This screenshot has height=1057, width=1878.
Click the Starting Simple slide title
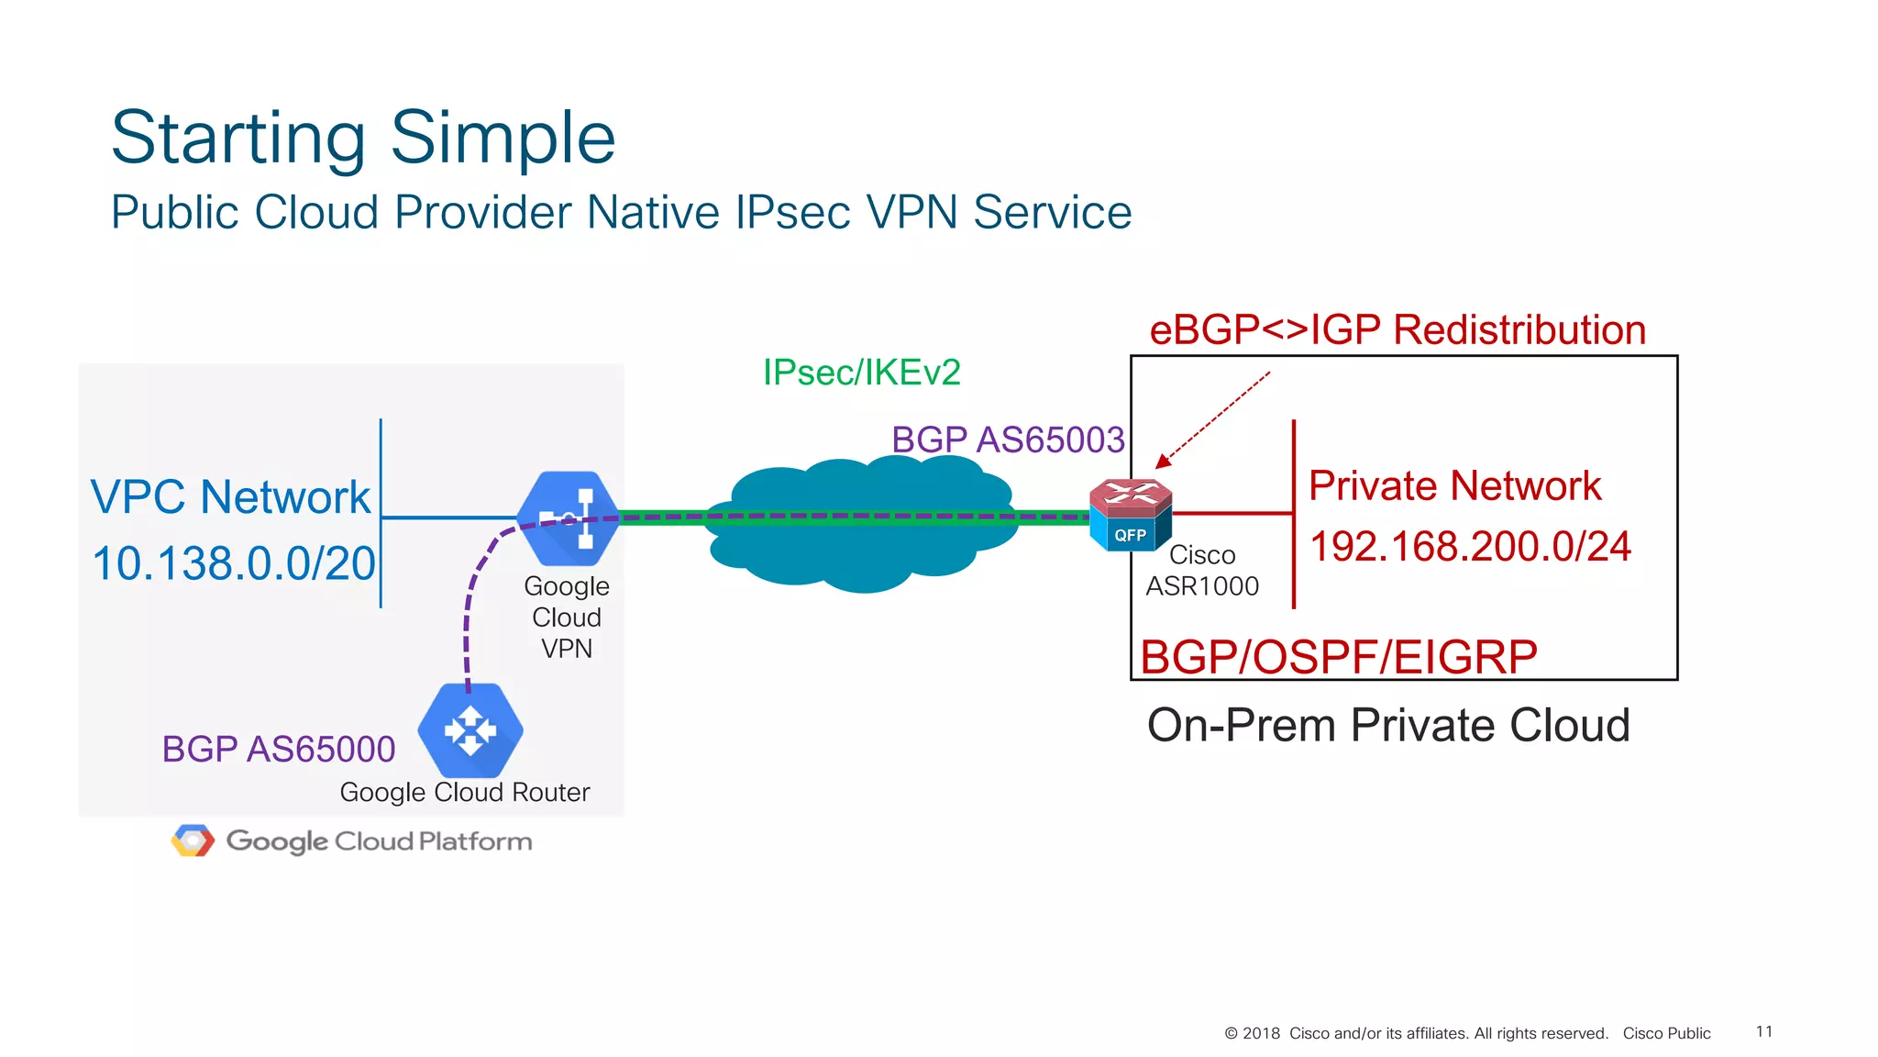coord(363,138)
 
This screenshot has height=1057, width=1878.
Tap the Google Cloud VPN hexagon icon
coord(568,517)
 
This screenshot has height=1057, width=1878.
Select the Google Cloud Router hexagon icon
coord(470,730)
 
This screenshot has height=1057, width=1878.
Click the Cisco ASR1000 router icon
coord(1130,514)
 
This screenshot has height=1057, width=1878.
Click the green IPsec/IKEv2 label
coord(861,373)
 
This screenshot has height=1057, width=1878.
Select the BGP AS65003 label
coord(1008,440)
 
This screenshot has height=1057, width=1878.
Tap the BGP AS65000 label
coord(278,750)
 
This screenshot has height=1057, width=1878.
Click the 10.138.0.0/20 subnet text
coord(234,563)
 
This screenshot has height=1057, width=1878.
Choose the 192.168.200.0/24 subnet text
coord(1470,547)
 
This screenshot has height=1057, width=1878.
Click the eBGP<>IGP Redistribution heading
coord(1397,330)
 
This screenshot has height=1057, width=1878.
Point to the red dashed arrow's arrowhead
coord(1163,461)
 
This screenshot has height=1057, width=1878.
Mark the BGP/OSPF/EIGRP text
coord(1338,657)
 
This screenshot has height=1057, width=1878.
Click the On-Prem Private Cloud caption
coord(1388,726)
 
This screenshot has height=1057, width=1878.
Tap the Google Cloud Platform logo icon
coord(193,840)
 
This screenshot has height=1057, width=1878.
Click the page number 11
coord(1763,1031)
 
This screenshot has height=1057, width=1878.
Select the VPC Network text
coord(230,497)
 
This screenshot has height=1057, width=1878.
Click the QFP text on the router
coord(1130,535)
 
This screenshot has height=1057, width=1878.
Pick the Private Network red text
coord(1454,485)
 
